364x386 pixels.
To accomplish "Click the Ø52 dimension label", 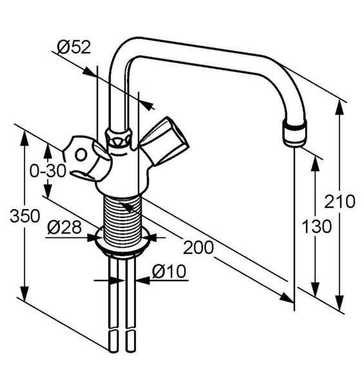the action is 74,47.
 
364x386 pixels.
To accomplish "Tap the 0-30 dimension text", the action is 48,171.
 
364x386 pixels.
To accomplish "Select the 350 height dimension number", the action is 24,216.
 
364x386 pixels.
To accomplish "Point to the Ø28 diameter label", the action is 64,227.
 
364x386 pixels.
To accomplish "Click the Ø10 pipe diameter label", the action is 169,271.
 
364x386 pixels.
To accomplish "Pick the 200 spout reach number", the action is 198,247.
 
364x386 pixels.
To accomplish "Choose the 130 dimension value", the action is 317,226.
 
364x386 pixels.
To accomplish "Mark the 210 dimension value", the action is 340,201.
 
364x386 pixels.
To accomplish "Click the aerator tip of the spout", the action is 295,133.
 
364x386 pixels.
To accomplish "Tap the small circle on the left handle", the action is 81,155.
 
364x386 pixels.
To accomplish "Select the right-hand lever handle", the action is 164,140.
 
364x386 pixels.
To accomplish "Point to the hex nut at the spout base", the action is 118,138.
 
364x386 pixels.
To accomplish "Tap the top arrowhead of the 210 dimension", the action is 340,107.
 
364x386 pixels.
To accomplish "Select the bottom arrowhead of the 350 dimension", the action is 24,293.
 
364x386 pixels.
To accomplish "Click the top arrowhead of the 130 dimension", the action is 316,163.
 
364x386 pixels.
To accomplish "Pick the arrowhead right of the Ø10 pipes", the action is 143,280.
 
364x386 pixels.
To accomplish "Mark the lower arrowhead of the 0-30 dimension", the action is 48,191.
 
